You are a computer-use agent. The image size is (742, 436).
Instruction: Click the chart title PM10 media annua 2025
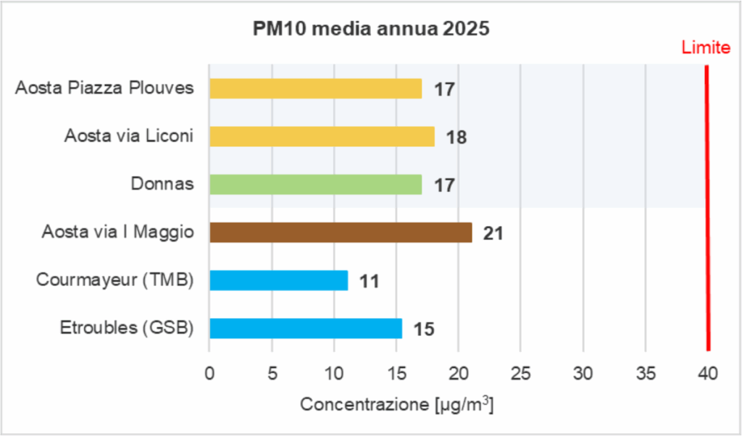click(x=370, y=30)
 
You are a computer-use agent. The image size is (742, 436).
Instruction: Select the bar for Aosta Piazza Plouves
click(x=315, y=88)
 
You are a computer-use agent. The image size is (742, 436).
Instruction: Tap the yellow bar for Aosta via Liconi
click(x=322, y=136)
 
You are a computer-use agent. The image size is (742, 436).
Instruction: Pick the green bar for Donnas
click(x=315, y=185)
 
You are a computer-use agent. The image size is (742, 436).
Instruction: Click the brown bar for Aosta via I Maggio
click(x=341, y=232)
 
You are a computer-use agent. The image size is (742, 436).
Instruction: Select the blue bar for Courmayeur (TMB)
click(x=278, y=280)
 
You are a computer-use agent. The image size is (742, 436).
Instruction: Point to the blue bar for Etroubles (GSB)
click(x=305, y=328)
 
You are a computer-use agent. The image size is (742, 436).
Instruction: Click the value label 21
click(x=493, y=234)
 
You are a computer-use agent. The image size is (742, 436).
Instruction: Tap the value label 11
click(x=369, y=282)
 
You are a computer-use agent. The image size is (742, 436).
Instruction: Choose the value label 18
click(x=456, y=138)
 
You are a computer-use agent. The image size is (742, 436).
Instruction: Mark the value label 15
click(x=423, y=330)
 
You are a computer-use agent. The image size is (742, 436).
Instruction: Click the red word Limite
click(x=705, y=49)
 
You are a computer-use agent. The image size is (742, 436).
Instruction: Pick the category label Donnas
click(x=162, y=184)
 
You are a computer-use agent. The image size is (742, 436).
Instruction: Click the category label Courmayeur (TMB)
click(x=115, y=280)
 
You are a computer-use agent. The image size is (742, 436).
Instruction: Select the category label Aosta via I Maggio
click(x=117, y=232)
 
